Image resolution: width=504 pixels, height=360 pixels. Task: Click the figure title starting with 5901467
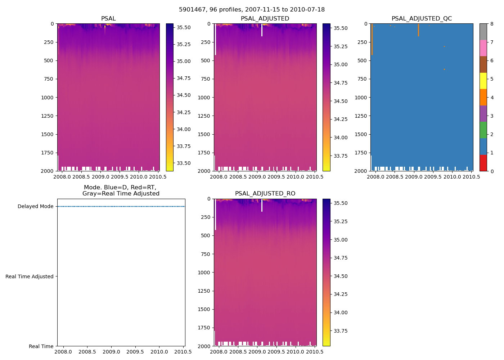tap(252, 10)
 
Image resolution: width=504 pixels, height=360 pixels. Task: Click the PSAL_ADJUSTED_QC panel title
tap(422, 19)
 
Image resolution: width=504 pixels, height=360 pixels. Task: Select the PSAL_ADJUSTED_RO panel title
tap(265, 194)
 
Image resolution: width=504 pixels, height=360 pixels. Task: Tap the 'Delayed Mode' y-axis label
tap(35, 207)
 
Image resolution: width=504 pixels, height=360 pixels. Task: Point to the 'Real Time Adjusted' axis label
tap(30, 276)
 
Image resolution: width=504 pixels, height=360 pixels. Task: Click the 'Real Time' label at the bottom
tap(41, 346)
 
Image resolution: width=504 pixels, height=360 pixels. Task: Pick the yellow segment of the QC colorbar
tap(483, 81)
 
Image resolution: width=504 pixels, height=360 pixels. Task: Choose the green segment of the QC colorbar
tap(483, 130)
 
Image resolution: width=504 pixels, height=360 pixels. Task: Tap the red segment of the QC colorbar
tap(483, 163)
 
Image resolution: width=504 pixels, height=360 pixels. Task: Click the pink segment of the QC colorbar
tap(483, 48)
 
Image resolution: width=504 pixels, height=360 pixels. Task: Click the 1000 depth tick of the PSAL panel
tap(48, 98)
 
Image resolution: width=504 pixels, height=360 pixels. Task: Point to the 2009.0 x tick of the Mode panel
tap(111, 352)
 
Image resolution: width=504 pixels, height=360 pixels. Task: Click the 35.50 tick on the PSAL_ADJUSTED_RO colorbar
tap(341, 203)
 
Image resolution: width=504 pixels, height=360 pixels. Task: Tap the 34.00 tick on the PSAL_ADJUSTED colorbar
tap(341, 138)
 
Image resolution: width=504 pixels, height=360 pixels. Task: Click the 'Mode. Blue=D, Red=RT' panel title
tap(121, 190)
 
